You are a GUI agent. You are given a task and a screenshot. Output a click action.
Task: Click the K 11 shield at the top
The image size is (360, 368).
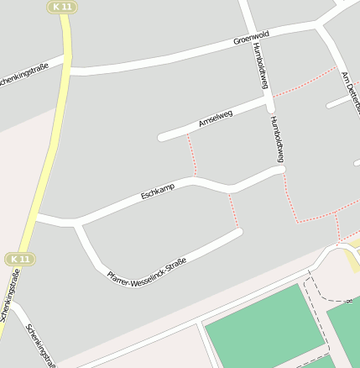coord(62,7)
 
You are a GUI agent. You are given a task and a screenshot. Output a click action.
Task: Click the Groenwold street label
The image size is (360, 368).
coord(251,39)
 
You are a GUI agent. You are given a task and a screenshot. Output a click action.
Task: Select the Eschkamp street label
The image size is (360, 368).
coord(158,192)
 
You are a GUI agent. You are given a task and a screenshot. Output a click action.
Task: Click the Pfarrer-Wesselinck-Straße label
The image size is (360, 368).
coord(147,270)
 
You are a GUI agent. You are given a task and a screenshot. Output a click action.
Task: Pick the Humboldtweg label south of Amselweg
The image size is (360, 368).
coord(278,139)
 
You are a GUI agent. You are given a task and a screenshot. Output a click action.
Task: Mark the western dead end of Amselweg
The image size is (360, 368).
coord(161,136)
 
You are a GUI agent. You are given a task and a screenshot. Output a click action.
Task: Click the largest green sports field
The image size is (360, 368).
coord(263,324)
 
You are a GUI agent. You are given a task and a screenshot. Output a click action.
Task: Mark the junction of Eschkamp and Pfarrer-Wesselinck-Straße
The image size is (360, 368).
coord(78,224)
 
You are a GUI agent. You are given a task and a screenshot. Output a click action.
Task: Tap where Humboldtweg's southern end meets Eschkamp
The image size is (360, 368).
coord(281,170)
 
